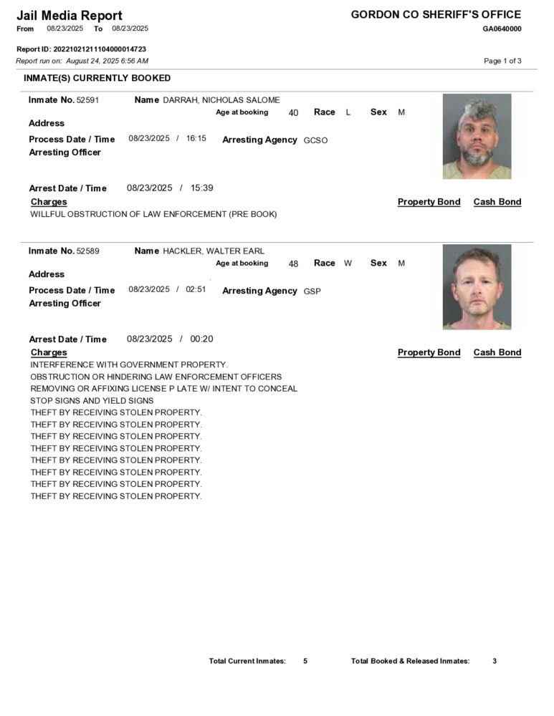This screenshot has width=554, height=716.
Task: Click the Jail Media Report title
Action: pyautogui.click(x=70, y=15)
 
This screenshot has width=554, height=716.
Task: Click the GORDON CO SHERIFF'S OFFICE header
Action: pyautogui.click(x=436, y=14)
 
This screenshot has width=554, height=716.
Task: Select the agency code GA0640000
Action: pyautogui.click(x=502, y=29)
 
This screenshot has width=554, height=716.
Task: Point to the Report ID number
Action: pyautogui.click(x=100, y=49)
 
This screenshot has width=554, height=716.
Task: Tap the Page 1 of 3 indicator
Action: pyautogui.click(x=502, y=61)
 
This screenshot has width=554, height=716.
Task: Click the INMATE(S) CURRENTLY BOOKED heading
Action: pyautogui.click(x=97, y=78)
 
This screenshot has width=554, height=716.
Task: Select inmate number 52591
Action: pyautogui.click(x=88, y=100)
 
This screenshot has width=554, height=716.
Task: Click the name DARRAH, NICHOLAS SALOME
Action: pyautogui.click(x=221, y=100)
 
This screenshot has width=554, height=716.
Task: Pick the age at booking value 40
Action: pyautogui.click(x=293, y=113)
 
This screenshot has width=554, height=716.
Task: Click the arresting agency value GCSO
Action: pyautogui.click(x=315, y=140)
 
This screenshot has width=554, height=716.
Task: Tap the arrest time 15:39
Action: pyautogui.click(x=201, y=188)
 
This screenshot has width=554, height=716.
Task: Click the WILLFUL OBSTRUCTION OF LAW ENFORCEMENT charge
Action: pyautogui.click(x=153, y=214)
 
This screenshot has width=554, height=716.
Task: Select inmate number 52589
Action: pyautogui.click(x=88, y=251)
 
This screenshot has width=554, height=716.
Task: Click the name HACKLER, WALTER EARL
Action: pyautogui.click(x=214, y=251)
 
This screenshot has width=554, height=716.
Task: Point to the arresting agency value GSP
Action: pyautogui.click(x=312, y=291)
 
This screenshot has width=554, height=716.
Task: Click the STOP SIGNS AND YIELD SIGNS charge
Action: pyautogui.click(x=92, y=400)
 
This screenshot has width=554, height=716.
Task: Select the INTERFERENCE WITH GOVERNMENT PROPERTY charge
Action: pyautogui.click(x=129, y=364)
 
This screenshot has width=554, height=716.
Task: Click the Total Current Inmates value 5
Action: pyautogui.click(x=305, y=661)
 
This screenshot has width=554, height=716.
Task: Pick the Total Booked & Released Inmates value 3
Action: pyautogui.click(x=495, y=661)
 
